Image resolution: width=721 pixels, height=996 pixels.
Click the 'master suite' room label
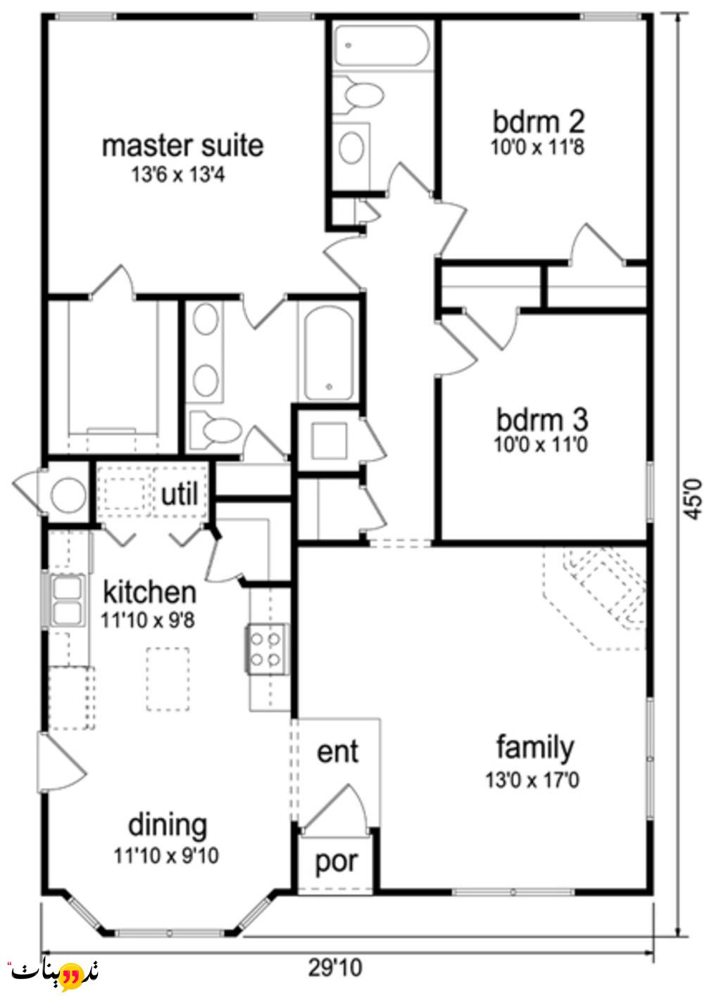point(183,146)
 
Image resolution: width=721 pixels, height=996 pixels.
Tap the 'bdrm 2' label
point(539,122)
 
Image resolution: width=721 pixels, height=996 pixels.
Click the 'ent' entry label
point(337,751)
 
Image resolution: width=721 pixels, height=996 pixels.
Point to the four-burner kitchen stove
point(265,649)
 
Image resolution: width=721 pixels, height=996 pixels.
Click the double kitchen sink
point(67,599)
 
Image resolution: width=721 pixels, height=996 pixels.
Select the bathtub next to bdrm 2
point(382,46)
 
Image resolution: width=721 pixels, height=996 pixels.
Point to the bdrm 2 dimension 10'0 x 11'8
point(538,147)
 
